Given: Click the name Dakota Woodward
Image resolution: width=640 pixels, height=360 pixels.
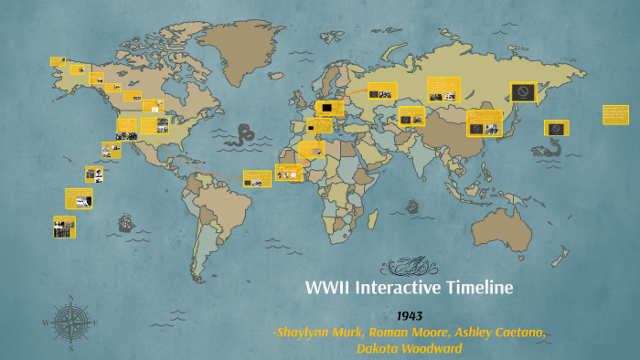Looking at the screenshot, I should coord(410,347).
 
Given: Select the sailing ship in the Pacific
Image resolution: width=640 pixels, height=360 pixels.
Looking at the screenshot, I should coord(125,222).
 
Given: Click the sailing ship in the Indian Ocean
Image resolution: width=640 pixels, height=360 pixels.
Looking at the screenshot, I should coord(412,206).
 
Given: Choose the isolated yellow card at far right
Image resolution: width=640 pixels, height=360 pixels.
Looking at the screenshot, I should coord(615,114).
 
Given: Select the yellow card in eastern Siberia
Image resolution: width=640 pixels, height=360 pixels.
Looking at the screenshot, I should coord(524,90).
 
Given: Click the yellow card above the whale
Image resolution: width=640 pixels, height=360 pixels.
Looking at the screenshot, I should coord(557,128).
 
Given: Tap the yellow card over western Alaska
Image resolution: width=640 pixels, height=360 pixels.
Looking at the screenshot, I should coord(59,62).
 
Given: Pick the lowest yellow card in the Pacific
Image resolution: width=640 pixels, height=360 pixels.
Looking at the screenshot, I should coord(64,227).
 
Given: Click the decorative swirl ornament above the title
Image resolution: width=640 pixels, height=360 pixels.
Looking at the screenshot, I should coord(410,267).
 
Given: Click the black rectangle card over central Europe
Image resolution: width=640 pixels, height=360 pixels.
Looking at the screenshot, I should coord(325,107).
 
